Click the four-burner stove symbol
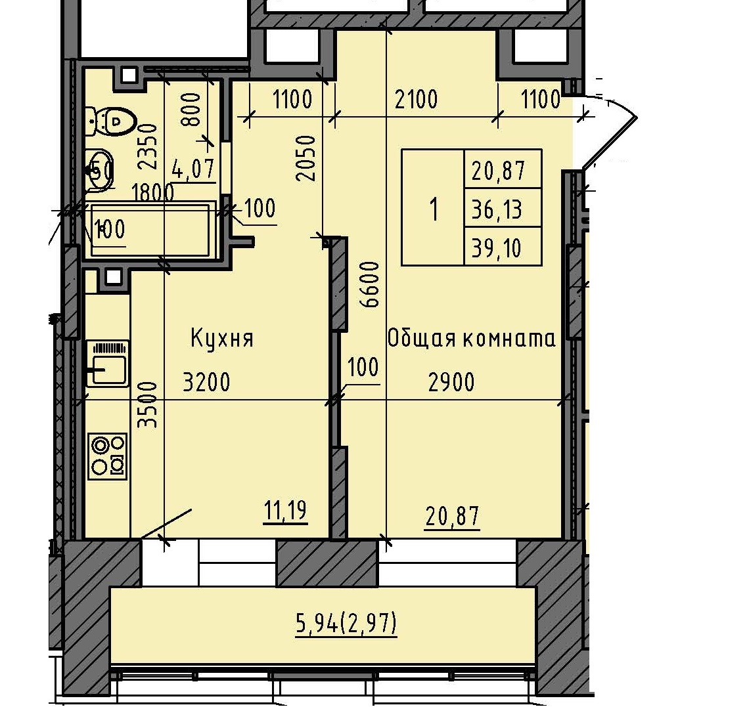coord(108,455)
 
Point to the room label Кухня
coord(221,339)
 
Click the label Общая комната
coord(471,339)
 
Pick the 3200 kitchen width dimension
coord(206,382)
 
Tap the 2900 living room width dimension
coord(451,382)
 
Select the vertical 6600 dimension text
coord(371,284)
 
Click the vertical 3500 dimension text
coord(150,405)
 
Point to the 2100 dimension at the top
coord(416,100)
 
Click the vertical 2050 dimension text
coord(306,158)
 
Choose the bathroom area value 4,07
coord(192,169)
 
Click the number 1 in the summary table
coord(433,210)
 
